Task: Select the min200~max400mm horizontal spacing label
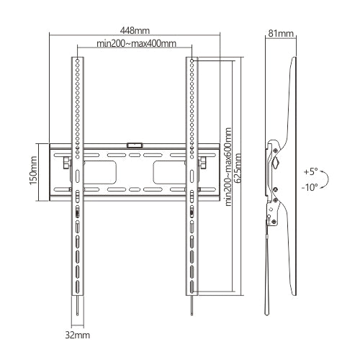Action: pos(137,45)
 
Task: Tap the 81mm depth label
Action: pos(279,32)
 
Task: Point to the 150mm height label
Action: pos(33,171)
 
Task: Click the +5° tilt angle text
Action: pos(310,172)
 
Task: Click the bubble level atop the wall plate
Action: pos(134,145)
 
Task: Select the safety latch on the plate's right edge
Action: pos(202,163)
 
